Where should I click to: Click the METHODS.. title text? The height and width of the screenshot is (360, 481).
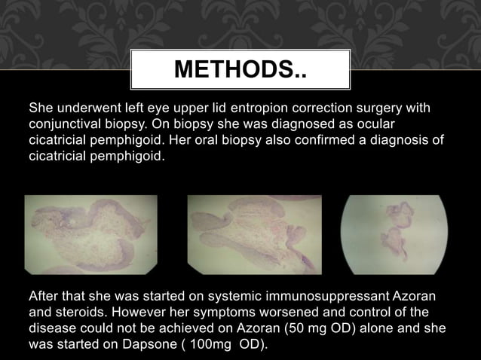pos(240,70)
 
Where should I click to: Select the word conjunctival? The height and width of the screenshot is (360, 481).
pos(66,124)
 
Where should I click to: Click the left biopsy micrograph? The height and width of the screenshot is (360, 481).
pos(91,234)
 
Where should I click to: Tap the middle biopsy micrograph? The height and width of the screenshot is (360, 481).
pos(254,234)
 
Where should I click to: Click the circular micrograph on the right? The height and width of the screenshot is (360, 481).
pos(394,234)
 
